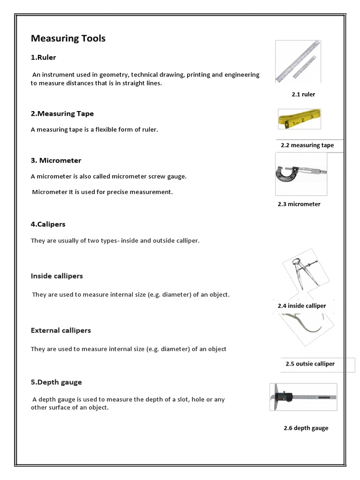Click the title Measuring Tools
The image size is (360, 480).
68,38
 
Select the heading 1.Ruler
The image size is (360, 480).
44,57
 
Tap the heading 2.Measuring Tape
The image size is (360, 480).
62,113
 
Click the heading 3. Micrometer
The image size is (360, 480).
56,160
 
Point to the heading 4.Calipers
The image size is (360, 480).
48,224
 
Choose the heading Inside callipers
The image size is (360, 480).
57,276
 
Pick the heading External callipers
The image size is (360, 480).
61,330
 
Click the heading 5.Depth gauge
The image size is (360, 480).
56,382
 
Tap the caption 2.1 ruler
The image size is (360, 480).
303,94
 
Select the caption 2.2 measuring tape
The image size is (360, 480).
307,145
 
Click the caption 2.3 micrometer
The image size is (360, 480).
299,204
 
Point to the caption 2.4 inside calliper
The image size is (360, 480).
302,306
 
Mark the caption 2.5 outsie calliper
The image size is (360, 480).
310,364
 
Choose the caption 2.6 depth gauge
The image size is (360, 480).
306,428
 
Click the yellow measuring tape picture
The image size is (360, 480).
299,119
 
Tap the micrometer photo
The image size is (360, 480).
300,174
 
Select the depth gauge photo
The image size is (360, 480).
303,397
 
